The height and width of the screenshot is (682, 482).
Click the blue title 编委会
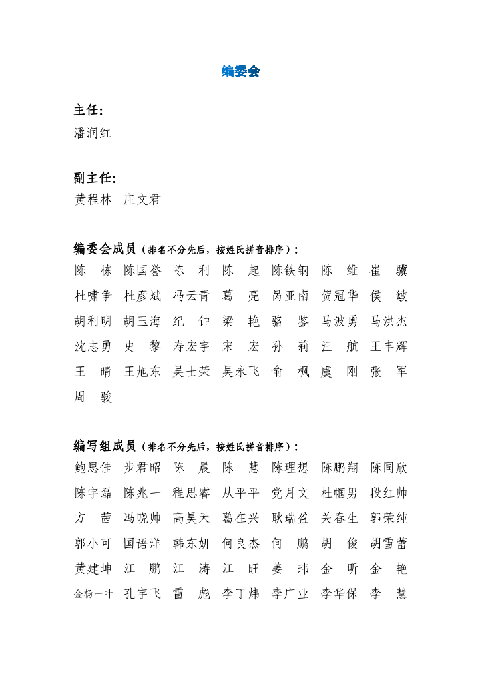(x=240, y=71)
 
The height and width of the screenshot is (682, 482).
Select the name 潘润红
(x=93, y=133)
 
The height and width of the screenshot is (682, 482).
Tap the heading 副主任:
(x=95, y=178)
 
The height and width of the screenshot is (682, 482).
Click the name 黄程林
(x=93, y=200)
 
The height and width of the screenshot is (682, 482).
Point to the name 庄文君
(x=142, y=200)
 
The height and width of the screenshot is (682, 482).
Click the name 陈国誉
(x=142, y=271)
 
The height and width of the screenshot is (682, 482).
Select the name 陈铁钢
(x=290, y=271)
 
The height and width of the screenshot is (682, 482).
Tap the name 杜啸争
(x=93, y=296)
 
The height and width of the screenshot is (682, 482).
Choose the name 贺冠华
(x=339, y=296)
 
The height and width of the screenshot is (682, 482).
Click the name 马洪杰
(x=389, y=322)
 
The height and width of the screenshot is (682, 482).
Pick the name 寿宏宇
(x=191, y=346)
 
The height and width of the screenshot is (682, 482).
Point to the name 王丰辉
(x=389, y=346)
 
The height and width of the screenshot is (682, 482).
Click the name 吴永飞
(x=240, y=372)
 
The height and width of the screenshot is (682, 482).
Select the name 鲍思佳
(x=93, y=468)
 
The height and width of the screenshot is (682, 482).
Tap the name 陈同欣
(x=389, y=468)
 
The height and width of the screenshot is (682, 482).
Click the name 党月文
(x=290, y=493)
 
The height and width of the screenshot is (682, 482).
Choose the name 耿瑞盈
(x=290, y=518)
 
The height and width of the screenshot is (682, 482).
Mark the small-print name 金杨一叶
(x=93, y=594)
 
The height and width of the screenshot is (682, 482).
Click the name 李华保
(x=339, y=593)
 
